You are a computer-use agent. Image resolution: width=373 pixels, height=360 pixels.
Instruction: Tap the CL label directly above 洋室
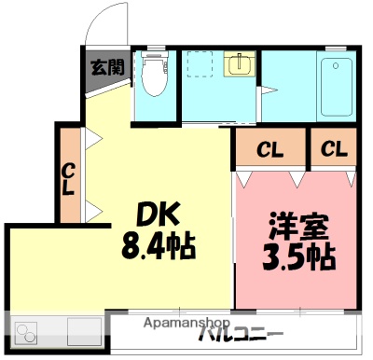coord(269,149)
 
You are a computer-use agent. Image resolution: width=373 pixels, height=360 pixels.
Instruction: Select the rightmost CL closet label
coord(335,149)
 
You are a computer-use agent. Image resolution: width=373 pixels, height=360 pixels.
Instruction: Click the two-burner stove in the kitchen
coord(25,331)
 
